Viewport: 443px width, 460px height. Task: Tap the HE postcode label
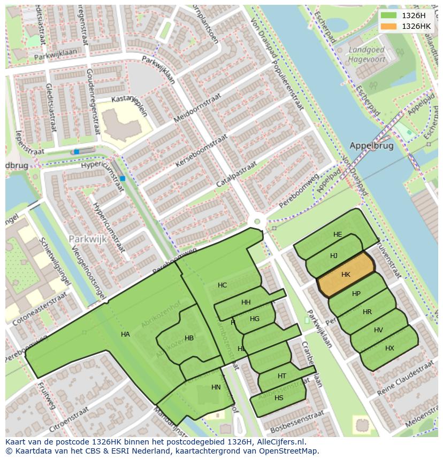click(338, 235)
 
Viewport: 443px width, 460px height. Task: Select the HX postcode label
click(389, 348)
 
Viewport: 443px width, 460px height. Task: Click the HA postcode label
click(125, 334)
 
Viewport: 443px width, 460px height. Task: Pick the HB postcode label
click(189, 338)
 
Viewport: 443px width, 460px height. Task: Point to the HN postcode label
click(216, 387)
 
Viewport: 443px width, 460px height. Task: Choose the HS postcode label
click(279, 398)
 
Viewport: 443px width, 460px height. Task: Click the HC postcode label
click(222, 285)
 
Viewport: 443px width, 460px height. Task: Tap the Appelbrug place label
click(371, 145)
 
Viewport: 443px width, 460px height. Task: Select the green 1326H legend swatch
click(389, 15)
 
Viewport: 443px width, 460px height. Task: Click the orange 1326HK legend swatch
click(389, 26)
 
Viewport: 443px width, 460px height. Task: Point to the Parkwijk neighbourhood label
click(88, 239)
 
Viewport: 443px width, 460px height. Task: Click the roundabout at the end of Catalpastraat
click(257, 221)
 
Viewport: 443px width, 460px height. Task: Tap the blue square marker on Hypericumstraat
click(123, 178)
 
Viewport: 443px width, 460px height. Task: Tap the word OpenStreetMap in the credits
click(288, 451)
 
